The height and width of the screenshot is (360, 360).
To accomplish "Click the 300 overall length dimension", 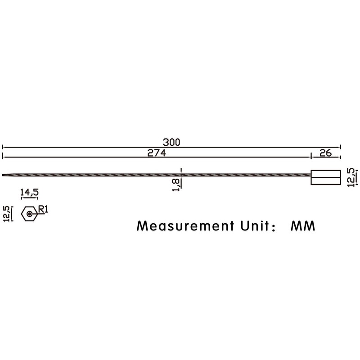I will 171,142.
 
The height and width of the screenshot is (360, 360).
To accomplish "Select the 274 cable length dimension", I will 157,153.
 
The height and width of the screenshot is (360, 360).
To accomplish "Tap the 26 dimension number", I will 325,153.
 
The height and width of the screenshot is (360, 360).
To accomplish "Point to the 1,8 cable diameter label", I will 176,184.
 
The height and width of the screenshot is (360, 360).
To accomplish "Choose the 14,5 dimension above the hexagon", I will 29,192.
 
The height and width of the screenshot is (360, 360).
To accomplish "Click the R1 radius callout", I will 43,209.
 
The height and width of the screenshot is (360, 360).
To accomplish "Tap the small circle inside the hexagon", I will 29,214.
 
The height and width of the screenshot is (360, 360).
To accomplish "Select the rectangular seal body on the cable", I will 325,177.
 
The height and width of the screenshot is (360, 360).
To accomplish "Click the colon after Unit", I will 274,226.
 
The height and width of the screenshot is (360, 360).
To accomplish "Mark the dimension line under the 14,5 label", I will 29,199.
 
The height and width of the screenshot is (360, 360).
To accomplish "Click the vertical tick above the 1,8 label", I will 181,171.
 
